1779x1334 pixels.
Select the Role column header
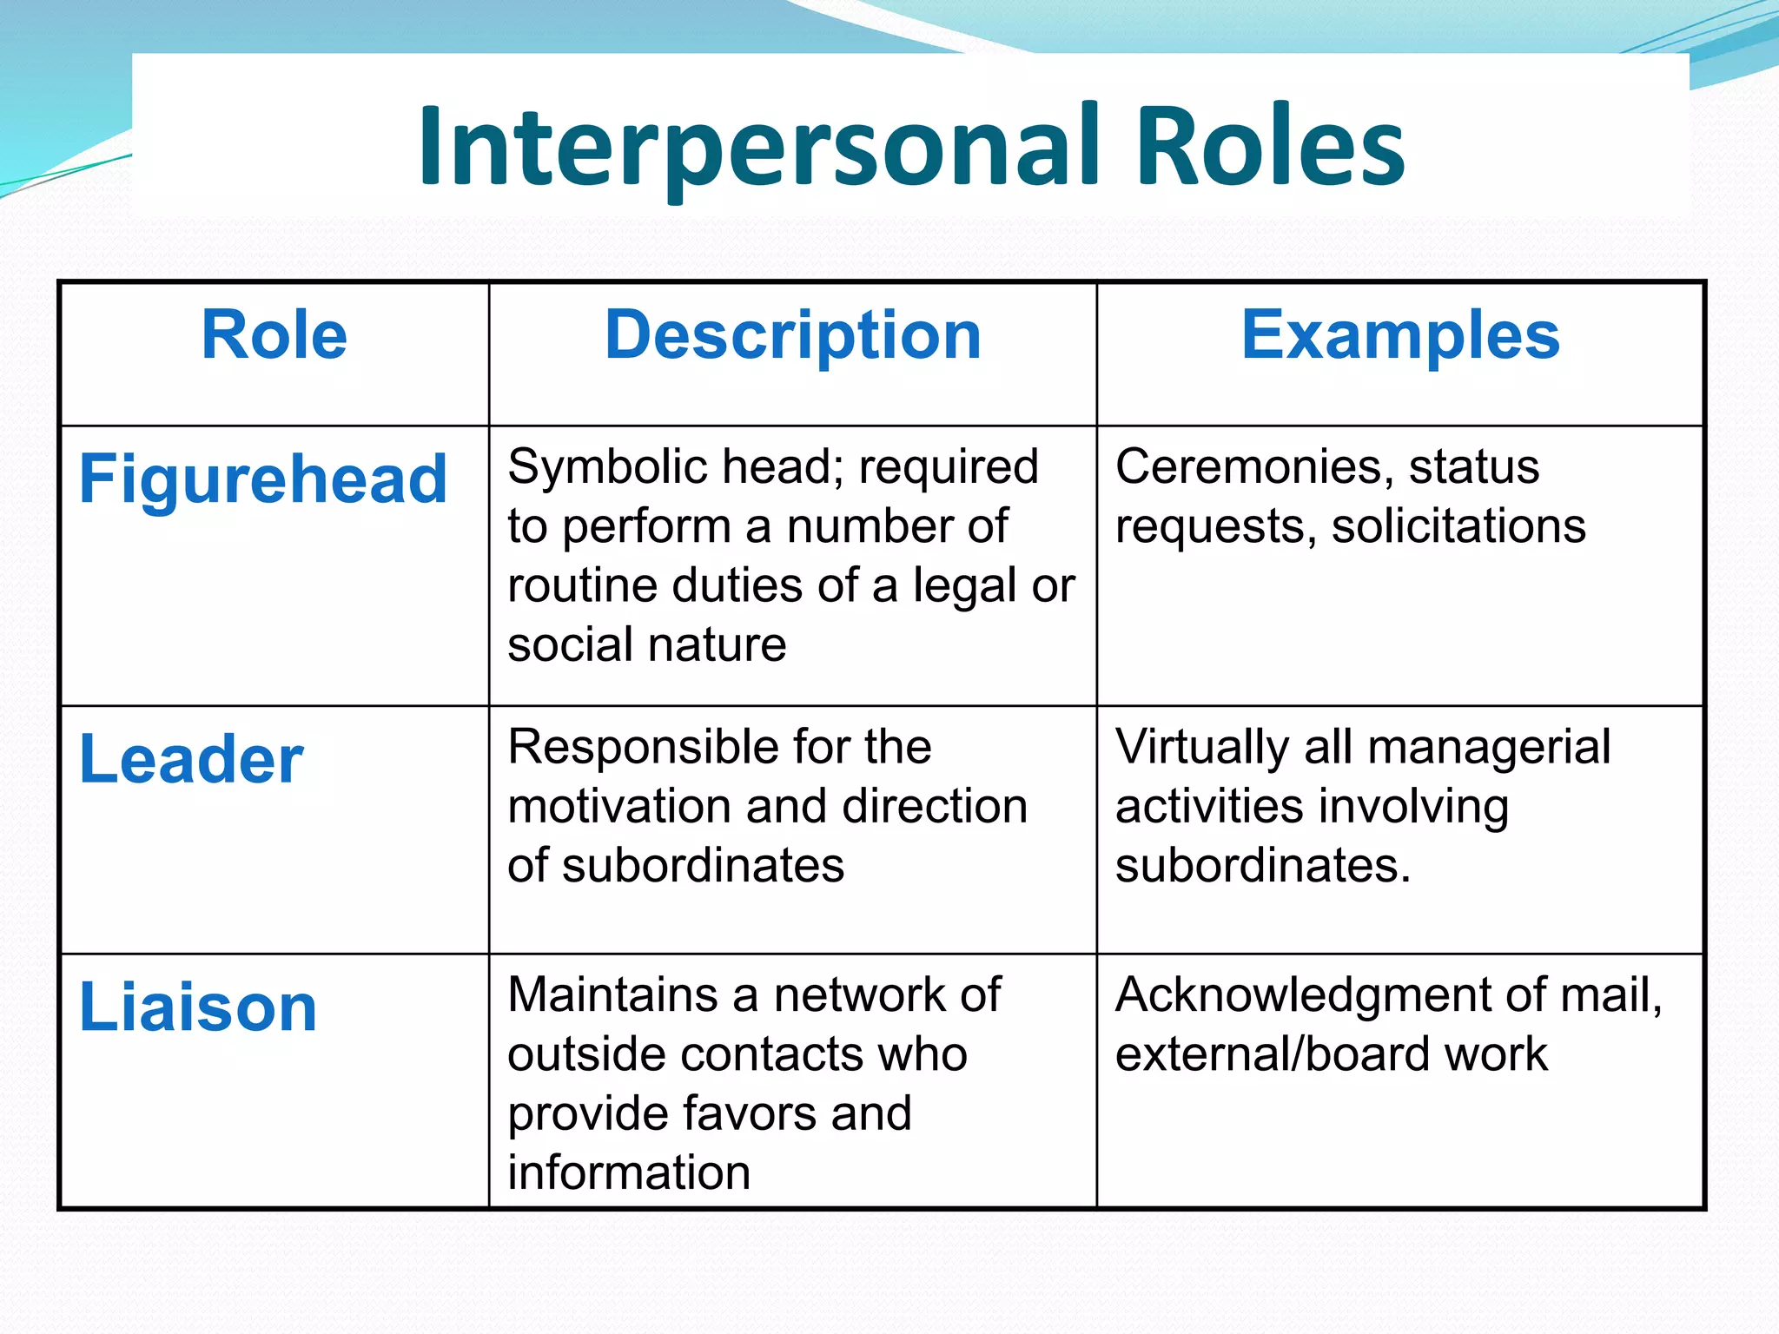(x=274, y=335)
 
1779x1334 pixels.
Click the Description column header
(x=792, y=337)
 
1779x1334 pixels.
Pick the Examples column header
(x=1400, y=335)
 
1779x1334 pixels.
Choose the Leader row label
(x=191, y=759)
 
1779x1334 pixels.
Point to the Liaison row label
(x=198, y=1007)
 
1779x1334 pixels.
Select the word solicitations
(x=1458, y=526)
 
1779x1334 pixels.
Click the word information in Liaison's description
(x=629, y=1172)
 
